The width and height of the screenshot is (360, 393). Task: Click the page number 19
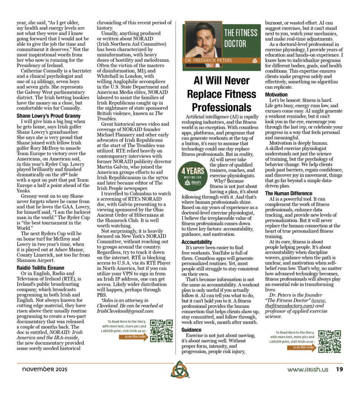(x=339, y=369)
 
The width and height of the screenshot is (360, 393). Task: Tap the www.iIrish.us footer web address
(x=308, y=370)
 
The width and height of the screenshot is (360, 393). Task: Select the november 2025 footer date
(x=42, y=370)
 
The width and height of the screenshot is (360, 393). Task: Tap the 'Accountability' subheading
(x=196, y=242)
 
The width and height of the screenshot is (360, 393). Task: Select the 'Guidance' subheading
(x=191, y=330)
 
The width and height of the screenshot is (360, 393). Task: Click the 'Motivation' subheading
(x=276, y=94)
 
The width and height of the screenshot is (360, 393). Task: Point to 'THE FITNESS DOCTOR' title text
(x=241, y=38)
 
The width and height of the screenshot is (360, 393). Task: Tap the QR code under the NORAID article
(x=161, y=330)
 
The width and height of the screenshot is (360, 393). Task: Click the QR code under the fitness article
(x=329, y=341)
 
